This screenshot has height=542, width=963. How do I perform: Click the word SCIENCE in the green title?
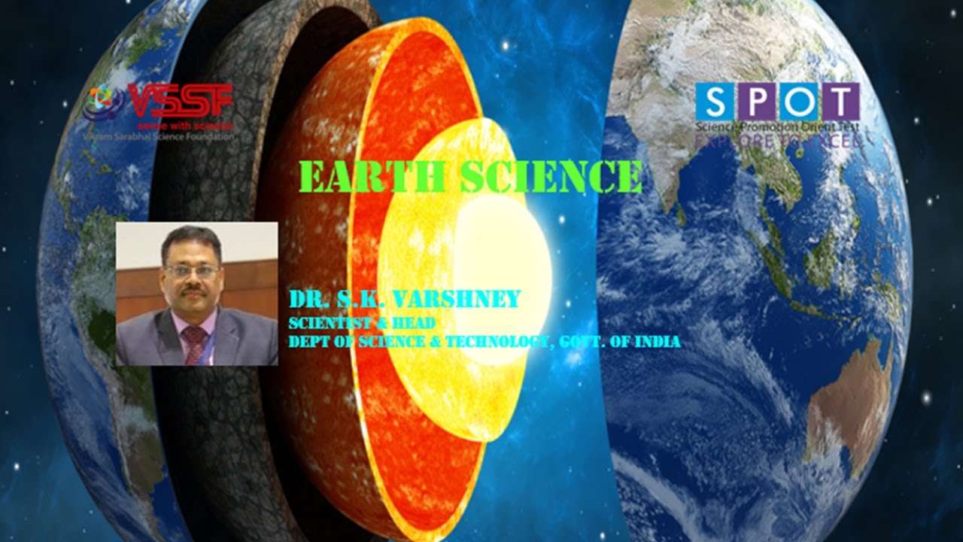pyautogui.click(x=551, y=178)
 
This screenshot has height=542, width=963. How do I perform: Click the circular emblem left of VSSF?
pyautogui.click(x=101, y=105)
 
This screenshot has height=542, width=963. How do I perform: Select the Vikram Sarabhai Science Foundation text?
pyautogui.click(x=158, y=137)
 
